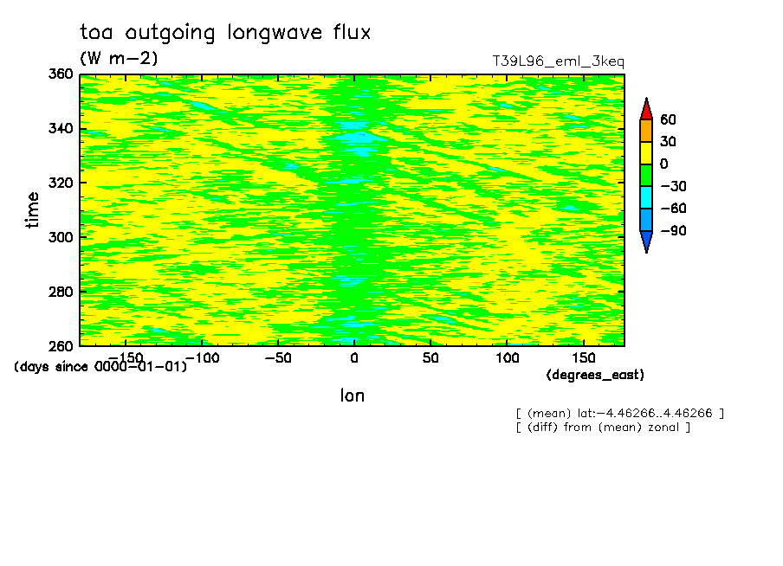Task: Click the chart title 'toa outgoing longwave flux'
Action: pyautogui.click(x=225, y=33)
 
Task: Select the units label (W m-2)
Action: pyautogui.click(x=119, y=58)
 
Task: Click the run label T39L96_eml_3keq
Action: pyautogui.click(x=559, y=61)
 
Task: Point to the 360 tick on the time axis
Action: pyautogui.click(x=61, y=74)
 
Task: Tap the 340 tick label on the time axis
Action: pyautogui.click(x=61, y=128)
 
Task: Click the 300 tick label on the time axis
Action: pyautogui.click(x=61, y=237)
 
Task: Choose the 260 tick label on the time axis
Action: pyautogui.click(x=61, y=345)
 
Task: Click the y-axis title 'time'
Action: pyautogui.click(x=32, y=210)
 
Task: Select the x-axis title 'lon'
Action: pyautogui.click(x=353, y=396)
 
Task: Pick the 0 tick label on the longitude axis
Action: pyautogui.click(x=354, y=358)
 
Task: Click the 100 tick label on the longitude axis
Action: pyautogui.click(x=507, y=358)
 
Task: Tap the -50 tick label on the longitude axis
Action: pyautogui.click(x=278, y=358)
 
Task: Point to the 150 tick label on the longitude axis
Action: pyautogui.click(x=583, y=358)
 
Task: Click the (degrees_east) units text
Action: pyautogui.click(x=595, y=375)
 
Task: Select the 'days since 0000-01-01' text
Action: pyautogui.click(x=100, y=366)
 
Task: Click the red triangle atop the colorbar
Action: pyautogui.click(x=646, y=109)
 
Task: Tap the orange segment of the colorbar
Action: pyautogui.click(x=646, y=131)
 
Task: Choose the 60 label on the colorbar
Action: pyautogui.click(x=668, y=119)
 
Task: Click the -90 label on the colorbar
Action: pyautogui.click(x=673, y=230)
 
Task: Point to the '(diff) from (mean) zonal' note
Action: pyautogui.click(x=603, y=428)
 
